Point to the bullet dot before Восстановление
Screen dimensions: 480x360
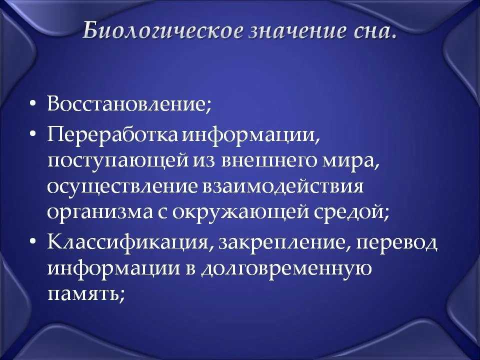[x=33, y=104]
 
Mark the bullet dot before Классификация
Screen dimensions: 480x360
[x=33, y=241]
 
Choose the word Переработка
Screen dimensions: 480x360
[x=112, y=135]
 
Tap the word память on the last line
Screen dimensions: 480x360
[x=83, y=294]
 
